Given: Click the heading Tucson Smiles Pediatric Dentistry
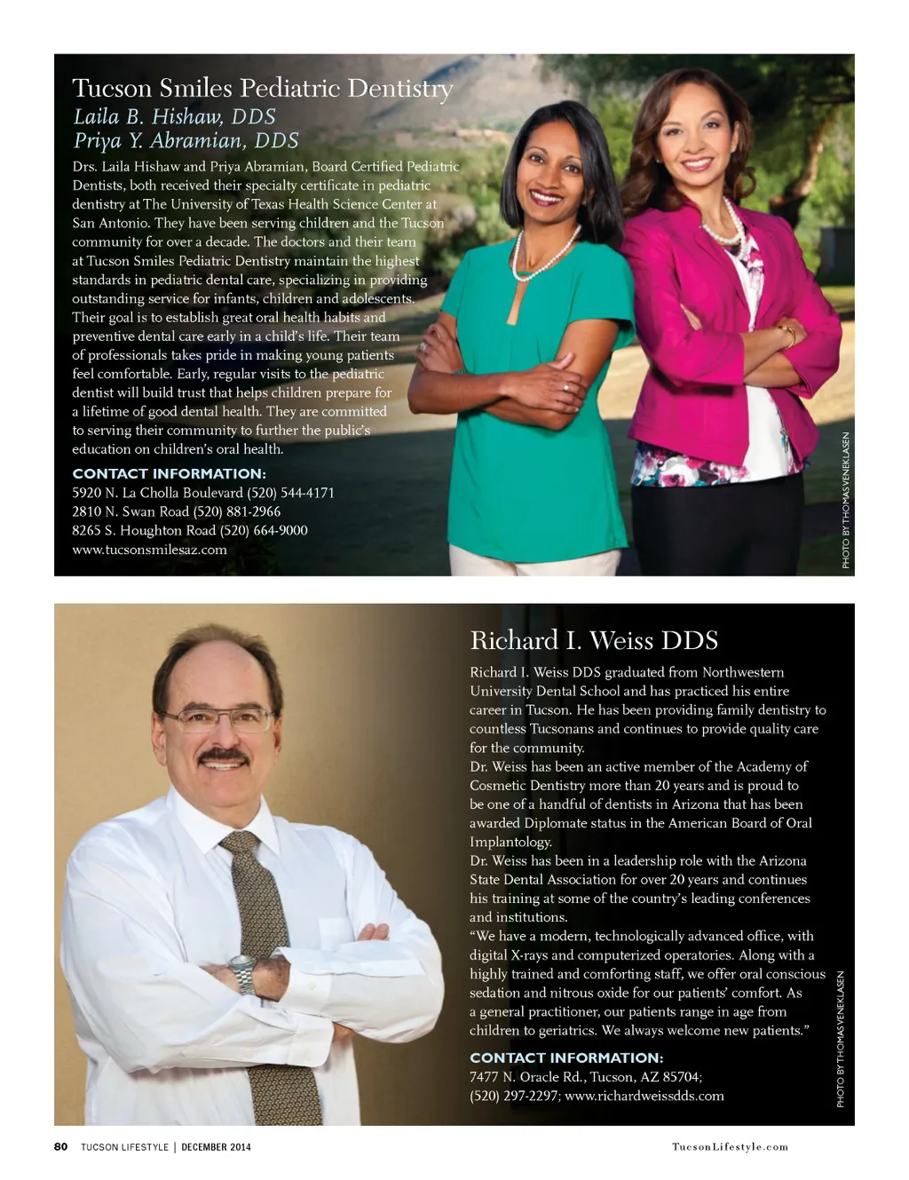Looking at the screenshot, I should coord(262,89).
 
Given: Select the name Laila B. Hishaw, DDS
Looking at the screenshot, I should coord(174,117).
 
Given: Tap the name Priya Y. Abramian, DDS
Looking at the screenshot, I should coord(186,141).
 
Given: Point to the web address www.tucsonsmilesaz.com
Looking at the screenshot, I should coord(149,550).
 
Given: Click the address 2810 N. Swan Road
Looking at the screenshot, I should coord(130,511).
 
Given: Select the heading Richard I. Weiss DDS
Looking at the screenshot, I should coord(593,641).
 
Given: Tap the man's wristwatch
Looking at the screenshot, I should coord(241,973).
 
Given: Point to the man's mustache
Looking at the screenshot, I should coord(223,756).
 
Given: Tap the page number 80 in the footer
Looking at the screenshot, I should coord(60,1146).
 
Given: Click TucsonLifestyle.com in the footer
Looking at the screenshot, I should coord(730,1146).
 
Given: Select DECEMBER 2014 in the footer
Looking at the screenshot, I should coord(216,1147).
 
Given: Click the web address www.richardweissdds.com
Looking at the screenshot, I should coord(644,1096).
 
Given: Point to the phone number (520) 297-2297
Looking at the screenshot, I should coord(514,1096).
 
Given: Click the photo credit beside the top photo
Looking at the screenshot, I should coord(846,500).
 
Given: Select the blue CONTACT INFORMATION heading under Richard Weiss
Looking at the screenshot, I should coord(565,1057).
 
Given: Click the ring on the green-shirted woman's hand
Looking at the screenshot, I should coord(565,386).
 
